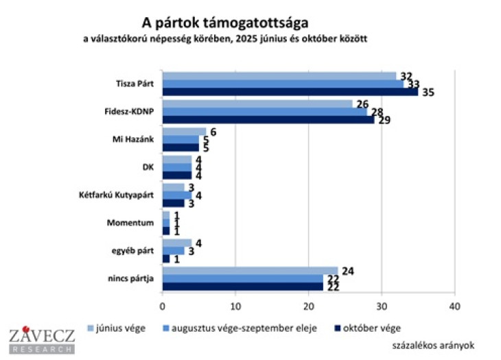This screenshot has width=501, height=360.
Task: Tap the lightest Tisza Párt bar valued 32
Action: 279,75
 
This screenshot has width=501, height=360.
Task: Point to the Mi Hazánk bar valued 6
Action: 184,132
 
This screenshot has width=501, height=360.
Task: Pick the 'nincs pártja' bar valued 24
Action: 250,269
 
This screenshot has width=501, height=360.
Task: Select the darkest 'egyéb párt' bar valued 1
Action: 165,258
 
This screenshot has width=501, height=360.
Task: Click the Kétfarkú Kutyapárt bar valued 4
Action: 176,195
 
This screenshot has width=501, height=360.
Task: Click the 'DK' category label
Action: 147,167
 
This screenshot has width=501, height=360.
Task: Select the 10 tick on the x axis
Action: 235,307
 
